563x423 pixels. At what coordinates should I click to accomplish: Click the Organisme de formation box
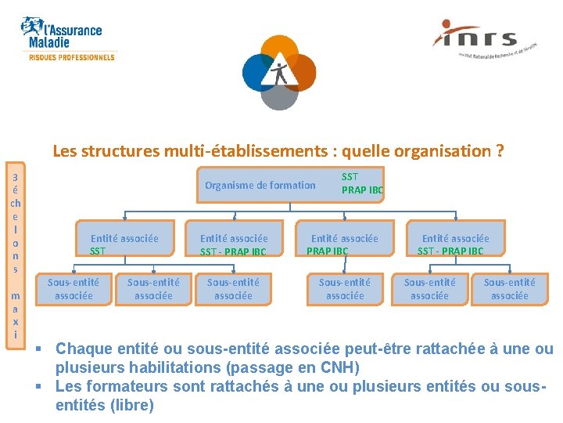260,186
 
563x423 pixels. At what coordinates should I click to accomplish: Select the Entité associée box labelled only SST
124,244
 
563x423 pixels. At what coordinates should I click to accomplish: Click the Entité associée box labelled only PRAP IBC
344,244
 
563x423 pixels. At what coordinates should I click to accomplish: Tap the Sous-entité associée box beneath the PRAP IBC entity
345,289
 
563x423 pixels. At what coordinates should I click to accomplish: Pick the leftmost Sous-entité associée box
74,289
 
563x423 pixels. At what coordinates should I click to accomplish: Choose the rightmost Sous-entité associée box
509,289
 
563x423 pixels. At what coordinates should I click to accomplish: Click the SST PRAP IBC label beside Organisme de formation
362,183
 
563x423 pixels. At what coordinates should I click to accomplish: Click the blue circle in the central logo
259,72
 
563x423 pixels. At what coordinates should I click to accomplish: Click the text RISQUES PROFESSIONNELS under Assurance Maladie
72,57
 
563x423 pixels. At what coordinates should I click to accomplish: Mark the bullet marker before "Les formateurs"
48,386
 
